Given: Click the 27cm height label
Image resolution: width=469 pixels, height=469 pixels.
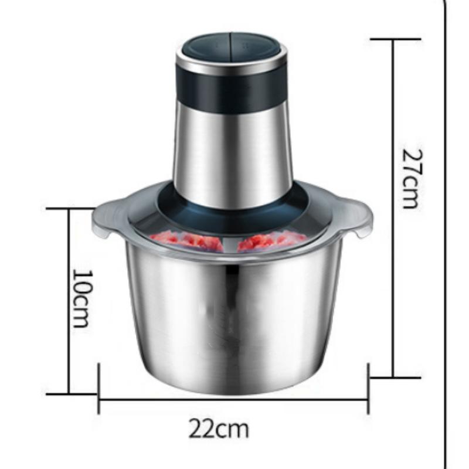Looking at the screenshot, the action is tap(413, 179).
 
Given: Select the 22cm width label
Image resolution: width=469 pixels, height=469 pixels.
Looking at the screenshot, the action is tap(218, 429).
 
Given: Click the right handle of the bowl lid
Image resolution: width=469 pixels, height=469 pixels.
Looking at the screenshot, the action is tap(358, 217).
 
